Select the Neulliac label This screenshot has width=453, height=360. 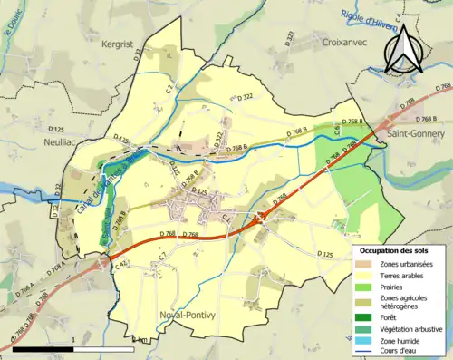(x=63, y=142)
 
